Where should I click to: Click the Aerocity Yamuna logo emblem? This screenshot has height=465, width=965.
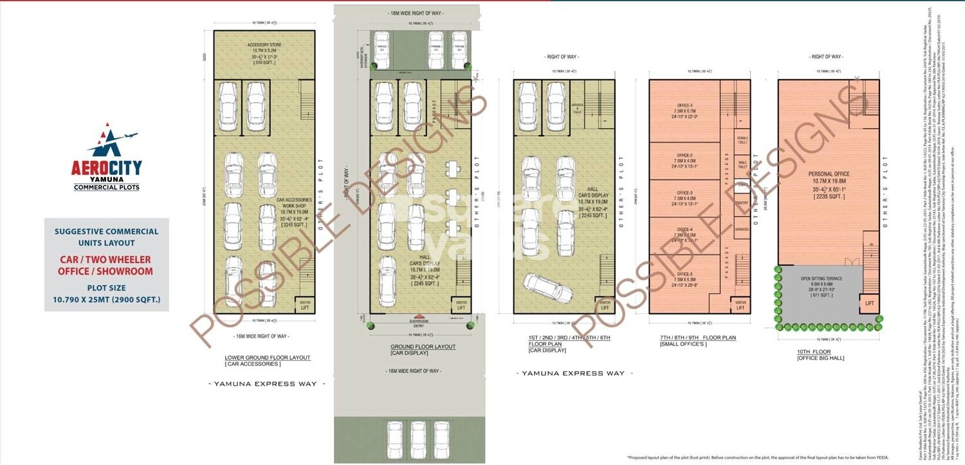point(107,141)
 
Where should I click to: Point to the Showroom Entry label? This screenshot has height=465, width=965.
point(409,323)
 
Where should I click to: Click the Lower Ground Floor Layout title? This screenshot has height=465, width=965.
point(267,358)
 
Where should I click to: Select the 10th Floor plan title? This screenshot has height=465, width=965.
point(813,352)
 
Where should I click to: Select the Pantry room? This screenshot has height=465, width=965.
point(742,203)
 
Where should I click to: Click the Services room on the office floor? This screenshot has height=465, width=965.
point(742,229)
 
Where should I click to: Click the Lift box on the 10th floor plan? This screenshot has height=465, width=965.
point(870,303)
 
